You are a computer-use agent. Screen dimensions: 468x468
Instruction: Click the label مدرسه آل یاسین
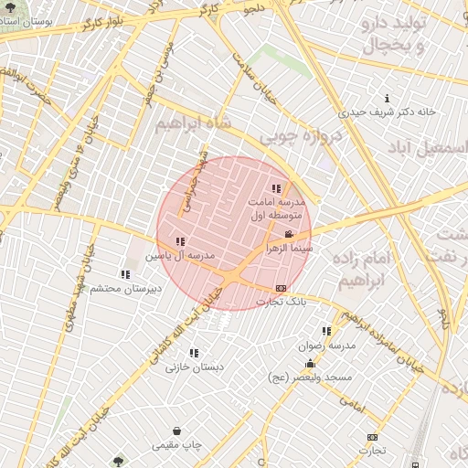click(181, 256)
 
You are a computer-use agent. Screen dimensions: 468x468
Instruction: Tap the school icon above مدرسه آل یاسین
click(180, 242)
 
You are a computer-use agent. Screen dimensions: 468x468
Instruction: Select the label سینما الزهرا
click(290, 248)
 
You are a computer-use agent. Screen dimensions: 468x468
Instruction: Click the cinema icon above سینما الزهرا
click(290, 235)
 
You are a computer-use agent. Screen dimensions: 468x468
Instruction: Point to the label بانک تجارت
click(282, 301)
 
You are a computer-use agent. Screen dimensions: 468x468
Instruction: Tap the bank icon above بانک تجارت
click(280, 288)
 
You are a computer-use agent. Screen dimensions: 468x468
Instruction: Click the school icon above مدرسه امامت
click(276, 188)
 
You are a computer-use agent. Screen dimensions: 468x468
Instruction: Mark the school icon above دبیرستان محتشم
click(125, 274)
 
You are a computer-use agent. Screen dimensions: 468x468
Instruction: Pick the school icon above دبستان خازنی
click(194, 353)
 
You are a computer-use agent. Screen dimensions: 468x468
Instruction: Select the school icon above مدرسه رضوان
click(326, 332)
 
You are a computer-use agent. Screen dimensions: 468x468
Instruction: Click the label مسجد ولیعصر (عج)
click(310, 378)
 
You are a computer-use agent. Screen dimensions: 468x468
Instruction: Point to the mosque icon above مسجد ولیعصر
click(310, 364)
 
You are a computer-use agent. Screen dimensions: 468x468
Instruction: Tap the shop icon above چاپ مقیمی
click(175, 431)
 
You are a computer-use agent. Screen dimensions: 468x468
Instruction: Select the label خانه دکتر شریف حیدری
click(388, 112)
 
